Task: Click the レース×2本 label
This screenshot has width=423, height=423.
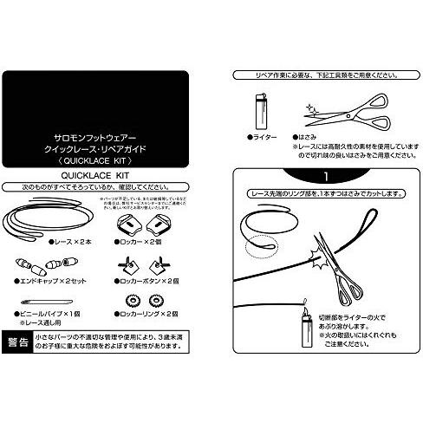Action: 46,244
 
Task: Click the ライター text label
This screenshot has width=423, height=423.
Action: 264,137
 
